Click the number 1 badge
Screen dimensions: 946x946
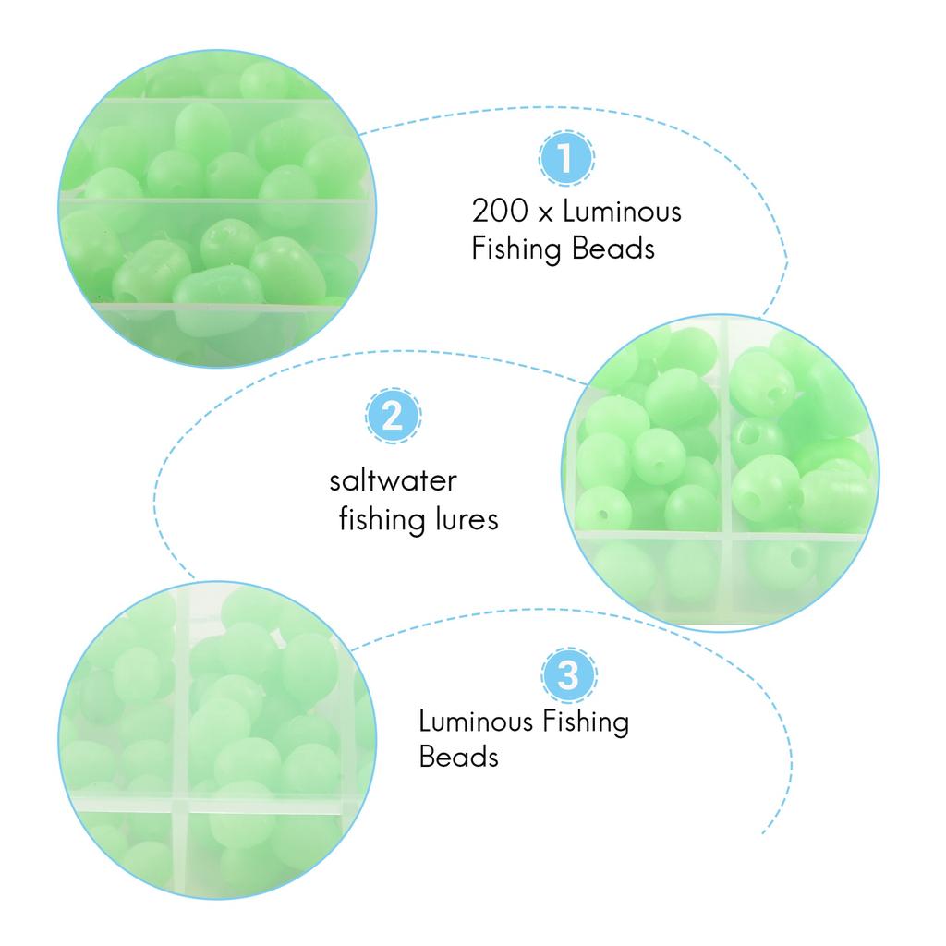(566, 158)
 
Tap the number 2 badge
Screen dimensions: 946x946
(393, 416)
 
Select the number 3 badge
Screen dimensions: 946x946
(568, 675)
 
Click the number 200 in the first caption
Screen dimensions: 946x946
(500, 212)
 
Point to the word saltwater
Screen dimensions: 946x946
(393, 480)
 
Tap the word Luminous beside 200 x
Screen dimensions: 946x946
(622, 212)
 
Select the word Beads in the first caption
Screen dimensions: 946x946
(613, 249)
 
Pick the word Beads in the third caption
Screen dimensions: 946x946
(459, 758)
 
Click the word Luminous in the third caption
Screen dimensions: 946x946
(477, 722)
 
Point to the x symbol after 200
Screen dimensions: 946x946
(545, 213)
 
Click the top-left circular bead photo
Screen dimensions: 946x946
(216, 209)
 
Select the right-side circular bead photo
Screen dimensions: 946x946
(721, 472)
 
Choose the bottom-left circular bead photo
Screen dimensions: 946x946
(216, 740)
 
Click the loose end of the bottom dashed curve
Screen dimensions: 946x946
(762, 834)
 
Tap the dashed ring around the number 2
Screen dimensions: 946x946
(393, 388)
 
